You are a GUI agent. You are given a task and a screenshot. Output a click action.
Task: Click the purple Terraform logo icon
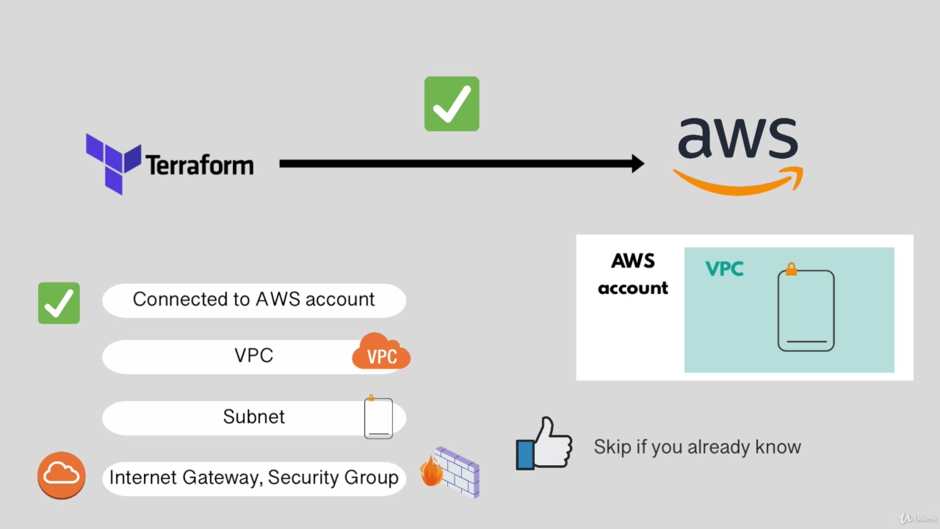(112, 162)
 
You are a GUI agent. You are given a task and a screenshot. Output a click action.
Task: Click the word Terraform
(200, 165)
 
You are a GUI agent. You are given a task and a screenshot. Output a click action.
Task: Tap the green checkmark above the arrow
(452, 104)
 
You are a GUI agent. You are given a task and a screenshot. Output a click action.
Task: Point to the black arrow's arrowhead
(636, 164)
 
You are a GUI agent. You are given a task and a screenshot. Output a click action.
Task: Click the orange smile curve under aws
(738, 183)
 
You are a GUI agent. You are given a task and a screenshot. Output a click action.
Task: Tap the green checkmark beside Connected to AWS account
(59, 303)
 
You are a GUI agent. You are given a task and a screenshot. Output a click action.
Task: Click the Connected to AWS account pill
(253, 300)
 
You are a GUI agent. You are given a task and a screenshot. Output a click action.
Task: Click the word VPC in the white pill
(253, 356)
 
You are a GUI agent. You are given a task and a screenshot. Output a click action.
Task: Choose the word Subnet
(253, 417)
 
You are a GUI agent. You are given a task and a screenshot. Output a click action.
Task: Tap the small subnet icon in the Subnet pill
(378, 418)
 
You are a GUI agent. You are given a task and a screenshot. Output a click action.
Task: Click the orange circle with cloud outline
(62, 475)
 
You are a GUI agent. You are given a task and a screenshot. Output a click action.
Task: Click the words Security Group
(333, 478)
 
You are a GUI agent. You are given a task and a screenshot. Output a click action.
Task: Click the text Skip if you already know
(697, 447)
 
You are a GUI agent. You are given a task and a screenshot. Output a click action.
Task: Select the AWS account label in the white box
(632, 274)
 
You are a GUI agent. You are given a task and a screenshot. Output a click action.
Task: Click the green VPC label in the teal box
(724, 269)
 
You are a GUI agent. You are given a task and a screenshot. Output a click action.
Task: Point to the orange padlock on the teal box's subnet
(791, 270)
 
